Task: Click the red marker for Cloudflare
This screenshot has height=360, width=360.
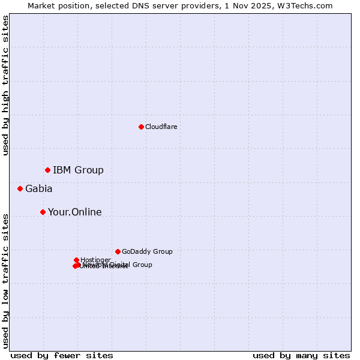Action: click(141, 127)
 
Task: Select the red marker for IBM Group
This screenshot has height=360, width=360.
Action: click(47, 170)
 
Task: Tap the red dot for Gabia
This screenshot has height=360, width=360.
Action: click(20, 189)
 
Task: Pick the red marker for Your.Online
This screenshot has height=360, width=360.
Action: click(43, 212)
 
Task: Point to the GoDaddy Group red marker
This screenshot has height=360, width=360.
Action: click(118, 252)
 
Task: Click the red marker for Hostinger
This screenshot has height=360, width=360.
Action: click(76, 260)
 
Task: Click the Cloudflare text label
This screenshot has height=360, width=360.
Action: click(161, 127)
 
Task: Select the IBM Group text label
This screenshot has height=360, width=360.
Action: click(78, 170)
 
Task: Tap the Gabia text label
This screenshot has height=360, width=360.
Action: click(38, 189)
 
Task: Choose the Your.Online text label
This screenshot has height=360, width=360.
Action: click(74, 212)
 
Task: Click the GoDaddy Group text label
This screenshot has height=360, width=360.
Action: click(146, 252)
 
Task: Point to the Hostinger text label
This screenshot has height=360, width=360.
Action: click(95, 260)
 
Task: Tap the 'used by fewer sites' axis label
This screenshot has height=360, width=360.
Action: click(62, 356)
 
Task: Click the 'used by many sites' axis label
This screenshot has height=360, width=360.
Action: click(301, 356)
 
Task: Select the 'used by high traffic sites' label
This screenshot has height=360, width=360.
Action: click(6, 85)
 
